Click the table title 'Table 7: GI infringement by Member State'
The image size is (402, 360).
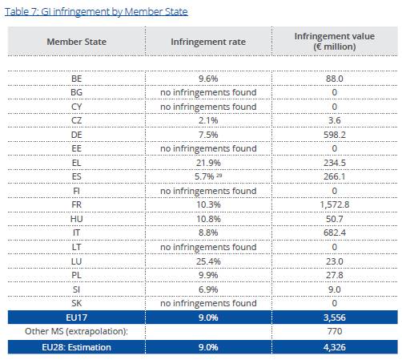(x=96, y=12)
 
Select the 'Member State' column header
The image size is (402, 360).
(x=77, y=42)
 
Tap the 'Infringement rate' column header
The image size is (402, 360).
(x=208, y=42)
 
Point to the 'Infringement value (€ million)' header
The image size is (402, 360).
(x=335, y=42)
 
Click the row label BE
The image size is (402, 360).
(x=77, y=79)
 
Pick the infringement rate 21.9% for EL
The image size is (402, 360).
(x=208, y=163)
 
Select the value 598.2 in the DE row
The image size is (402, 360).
(x=335, y=135)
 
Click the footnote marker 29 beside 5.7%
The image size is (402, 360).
(x=219, y=175)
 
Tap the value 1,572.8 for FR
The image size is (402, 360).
(x=335, y=204)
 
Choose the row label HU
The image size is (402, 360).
(x=77, y=219)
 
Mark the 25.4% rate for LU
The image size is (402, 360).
(x=208, y=261)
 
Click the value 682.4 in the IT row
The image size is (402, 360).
(x=335, y=233)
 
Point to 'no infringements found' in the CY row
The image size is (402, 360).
(x=208, y=107)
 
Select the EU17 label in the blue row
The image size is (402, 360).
(x=77, y=318)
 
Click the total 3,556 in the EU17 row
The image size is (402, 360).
(x=335, y=318)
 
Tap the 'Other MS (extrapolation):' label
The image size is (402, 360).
(x=76, y=331)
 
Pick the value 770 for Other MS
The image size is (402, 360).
(x=335, y=331)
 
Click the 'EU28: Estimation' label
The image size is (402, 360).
(x=76, y=347)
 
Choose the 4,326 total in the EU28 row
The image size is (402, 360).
(x=335, y=347)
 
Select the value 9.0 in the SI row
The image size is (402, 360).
(x=335, y=289)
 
